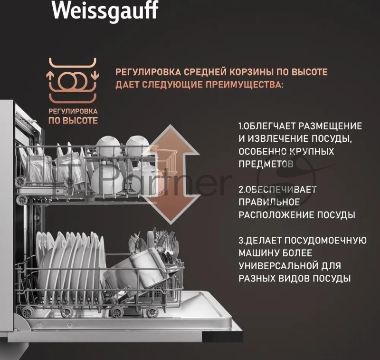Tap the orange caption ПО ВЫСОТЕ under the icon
[x=73, y=121]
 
